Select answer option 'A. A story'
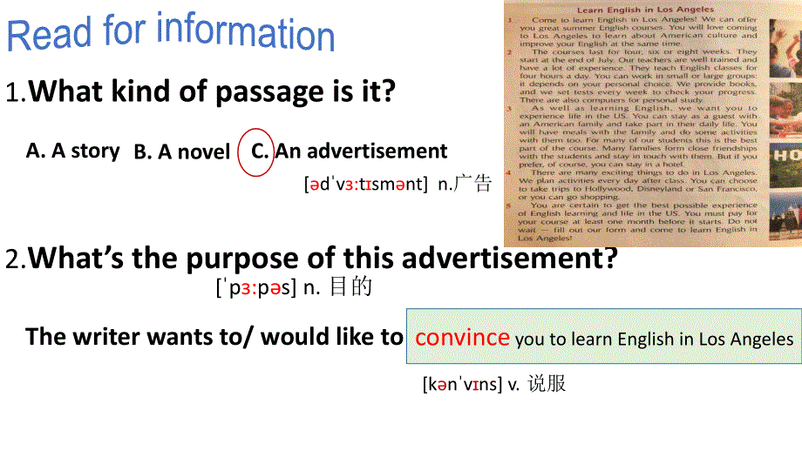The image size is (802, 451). click(72, 151)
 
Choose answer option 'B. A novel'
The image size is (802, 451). click(181, 152)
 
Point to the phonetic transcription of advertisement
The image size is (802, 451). click(366, 184)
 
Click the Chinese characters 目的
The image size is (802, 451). click(351, 287)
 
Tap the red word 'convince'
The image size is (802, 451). click(462, 337)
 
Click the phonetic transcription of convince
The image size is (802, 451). click(462, 383)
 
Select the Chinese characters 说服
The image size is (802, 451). click(547, 383)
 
